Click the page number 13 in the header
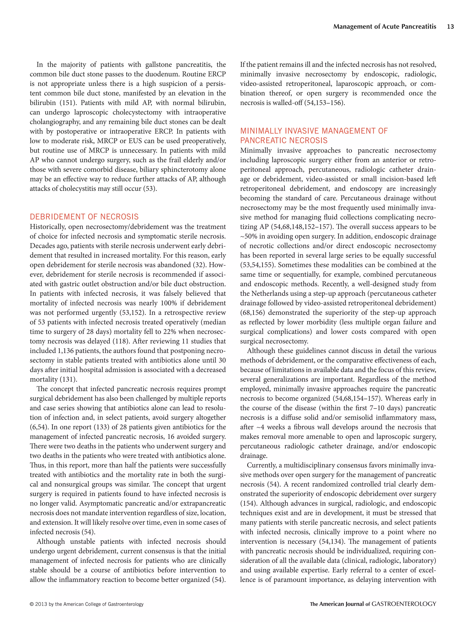tap(450, 27)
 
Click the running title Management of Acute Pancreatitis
tap(385, 27)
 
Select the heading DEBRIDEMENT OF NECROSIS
tap(84, 217)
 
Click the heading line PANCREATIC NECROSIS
tap(284, 140)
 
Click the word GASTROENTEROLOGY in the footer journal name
tap(404, 604)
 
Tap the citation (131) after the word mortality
tap(68, 379)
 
